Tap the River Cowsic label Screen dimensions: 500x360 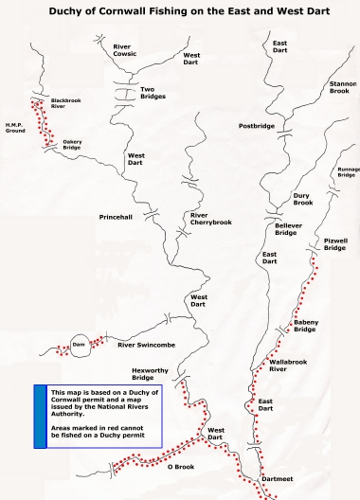coord(125,49)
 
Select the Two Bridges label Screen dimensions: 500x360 coord(153,93)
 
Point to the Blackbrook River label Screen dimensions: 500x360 coord(66,104)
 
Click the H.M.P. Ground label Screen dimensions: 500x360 coord(14,127)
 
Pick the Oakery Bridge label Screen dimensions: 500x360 coord(72,145)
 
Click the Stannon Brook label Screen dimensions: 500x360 coord(342,87)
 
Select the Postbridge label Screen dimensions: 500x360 coord(256,126)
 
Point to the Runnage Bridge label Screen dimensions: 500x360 coord(347,171)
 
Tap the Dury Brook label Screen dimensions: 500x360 coord(302,199)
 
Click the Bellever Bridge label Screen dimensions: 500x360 coord(287,228)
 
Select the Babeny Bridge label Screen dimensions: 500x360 coord(304,326)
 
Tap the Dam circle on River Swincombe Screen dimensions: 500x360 coord(79,345)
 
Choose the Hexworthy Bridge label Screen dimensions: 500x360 coord(150,374)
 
